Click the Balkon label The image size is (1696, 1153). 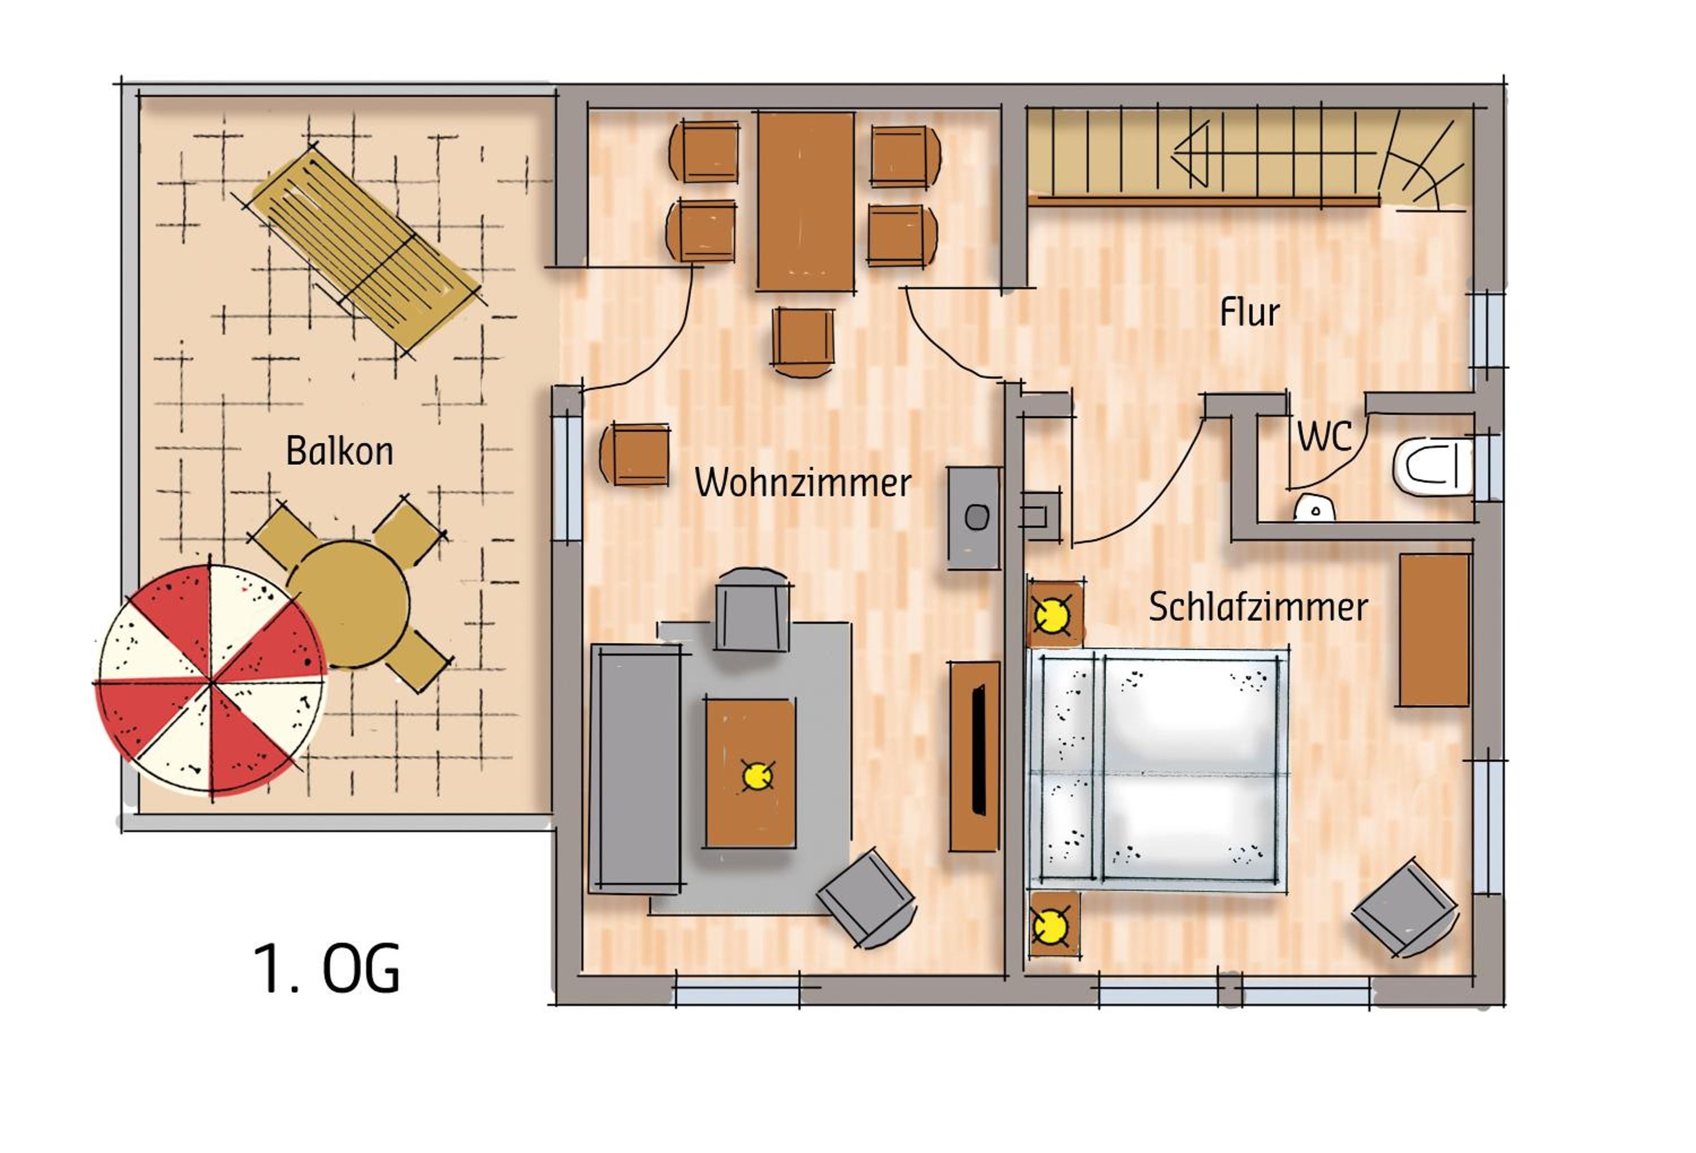click(x=339, y=451)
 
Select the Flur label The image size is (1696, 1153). click(x=1249, y=313)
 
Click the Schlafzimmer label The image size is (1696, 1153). click(x=1258, y=606)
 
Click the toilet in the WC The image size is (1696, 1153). click(x=1433, y=467)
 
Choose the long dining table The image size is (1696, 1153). click(x=806, y=201)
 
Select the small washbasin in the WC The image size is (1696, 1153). click(x=1314, y=509)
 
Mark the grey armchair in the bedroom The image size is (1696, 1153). click(x=1405, y=908)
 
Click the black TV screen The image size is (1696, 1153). click(x=979, y=749)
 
